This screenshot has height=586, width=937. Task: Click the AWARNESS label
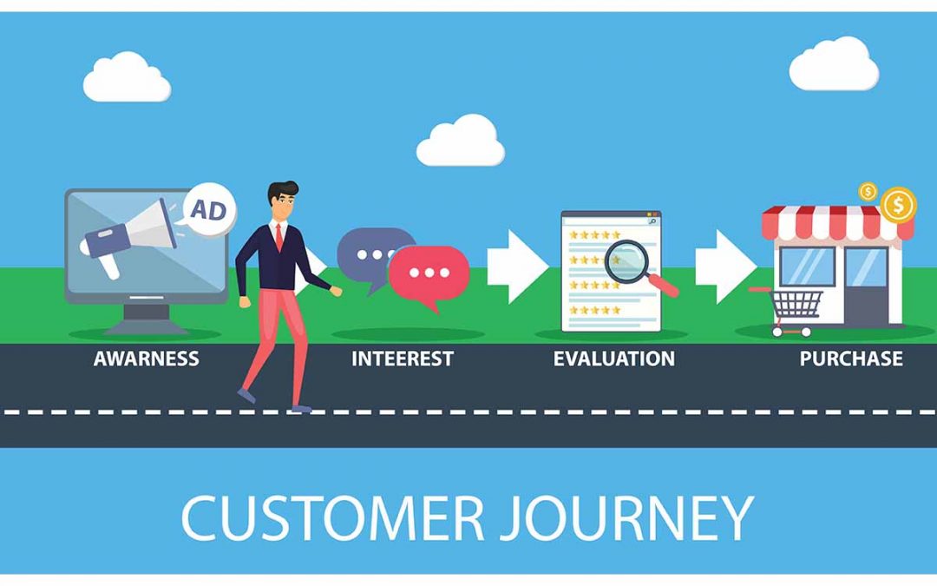point(146,358)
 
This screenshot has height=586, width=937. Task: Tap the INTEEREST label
point(402,359)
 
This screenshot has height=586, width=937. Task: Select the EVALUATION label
point(613,359)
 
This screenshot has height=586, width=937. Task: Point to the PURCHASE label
point(850,359)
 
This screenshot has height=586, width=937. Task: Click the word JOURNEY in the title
point(641,517)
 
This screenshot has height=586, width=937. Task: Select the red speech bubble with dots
point(429,273)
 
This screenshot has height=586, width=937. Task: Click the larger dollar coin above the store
point(899,206)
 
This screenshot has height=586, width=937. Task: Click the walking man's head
point(282,201)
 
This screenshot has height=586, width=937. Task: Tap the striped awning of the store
point(836,223)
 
